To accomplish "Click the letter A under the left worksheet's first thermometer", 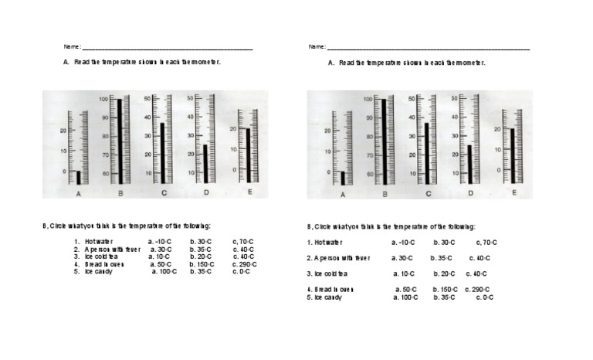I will click(x=78, y=194).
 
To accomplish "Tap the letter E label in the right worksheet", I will click(x=514, y=191).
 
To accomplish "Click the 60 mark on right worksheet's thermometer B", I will click(x=370, y=175).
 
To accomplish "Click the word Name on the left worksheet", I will click(x=72, y=47).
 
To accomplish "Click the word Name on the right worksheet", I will click(x=317, y=47).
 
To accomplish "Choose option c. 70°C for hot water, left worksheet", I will click(x=243, y=242).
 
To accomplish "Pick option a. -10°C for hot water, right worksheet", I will click(x=404, y=243).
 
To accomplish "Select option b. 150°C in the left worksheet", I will click(x=201, y=265).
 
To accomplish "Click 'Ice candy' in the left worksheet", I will click(x=98, y=272).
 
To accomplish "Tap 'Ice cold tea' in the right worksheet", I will click(x=330, y=273).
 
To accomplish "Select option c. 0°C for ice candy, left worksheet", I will click(x=242, y=272).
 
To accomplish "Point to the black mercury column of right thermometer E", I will click(x=512, y=155).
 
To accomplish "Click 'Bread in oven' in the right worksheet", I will click(x=334, y=290).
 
